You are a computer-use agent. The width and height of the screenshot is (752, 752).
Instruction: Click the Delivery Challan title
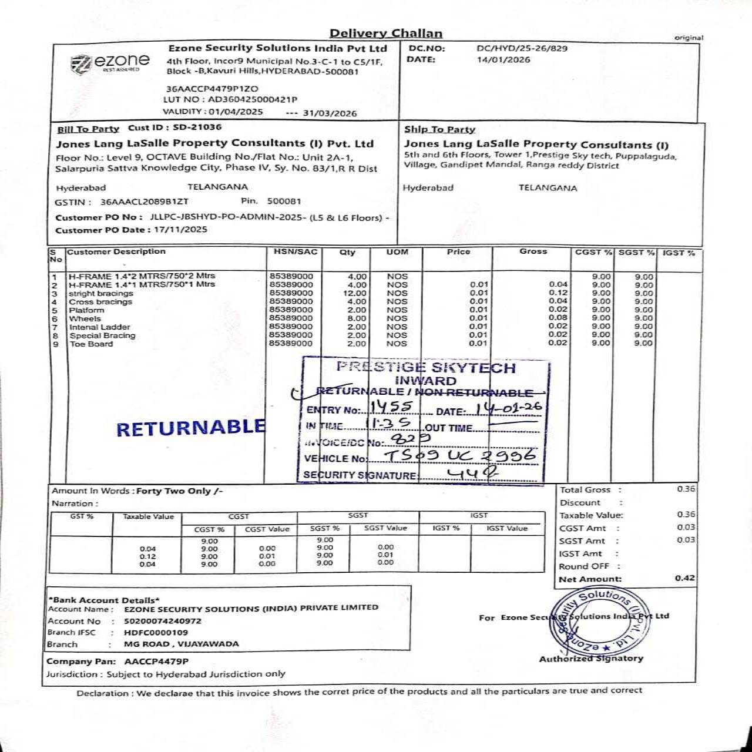[x=385, y=33]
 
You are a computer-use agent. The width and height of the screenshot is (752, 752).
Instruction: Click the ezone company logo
[x=110, y=62]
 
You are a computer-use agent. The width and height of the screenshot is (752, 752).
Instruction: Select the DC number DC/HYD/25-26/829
[x=522, y=48]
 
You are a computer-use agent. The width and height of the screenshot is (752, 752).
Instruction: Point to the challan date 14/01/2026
[x=503, y=59]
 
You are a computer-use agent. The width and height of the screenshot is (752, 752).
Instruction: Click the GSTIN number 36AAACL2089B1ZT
[x=145, y=202]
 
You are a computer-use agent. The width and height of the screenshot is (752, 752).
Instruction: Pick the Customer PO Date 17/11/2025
[x=180, y=230]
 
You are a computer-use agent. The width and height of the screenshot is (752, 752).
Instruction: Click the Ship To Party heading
[x=439, y=129]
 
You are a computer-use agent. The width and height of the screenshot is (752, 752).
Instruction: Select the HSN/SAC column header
[x=295, y=251]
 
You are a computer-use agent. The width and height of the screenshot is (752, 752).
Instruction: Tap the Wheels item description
[x=85, y=318]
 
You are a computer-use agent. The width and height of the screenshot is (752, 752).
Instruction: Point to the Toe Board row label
[x=91, y=344]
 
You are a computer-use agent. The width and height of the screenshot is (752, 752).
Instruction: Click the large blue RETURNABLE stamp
[x=190, y=428]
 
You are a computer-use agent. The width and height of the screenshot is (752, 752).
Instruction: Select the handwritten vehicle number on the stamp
[x=460, y=456]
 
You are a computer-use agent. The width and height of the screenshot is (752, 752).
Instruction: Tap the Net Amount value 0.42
[x=684, y=578]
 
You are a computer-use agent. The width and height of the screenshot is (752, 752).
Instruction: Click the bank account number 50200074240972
[x=163, y=620]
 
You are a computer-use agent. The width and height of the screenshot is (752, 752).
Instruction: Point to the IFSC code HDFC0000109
[x=156, y=632]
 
